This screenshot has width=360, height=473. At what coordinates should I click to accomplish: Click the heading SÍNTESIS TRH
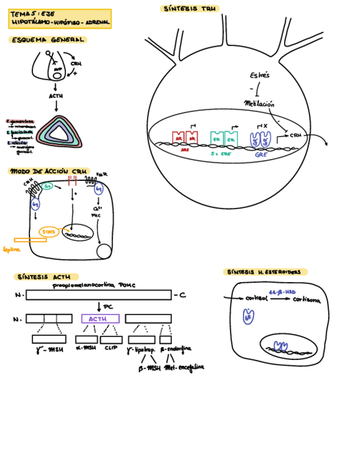190,9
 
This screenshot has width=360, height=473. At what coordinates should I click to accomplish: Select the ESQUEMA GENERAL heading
48,40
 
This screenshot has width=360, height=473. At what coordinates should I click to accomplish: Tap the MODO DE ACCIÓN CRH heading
48,171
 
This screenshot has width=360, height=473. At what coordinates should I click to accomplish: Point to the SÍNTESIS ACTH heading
46,277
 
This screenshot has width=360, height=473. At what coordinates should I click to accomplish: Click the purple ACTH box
100,318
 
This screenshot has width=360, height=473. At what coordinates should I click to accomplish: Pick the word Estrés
260,75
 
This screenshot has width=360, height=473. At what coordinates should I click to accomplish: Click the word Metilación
259,103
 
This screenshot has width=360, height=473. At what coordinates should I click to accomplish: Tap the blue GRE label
261,155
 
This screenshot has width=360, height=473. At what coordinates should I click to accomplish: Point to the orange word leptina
11,249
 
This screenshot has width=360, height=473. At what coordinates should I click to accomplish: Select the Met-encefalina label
184,368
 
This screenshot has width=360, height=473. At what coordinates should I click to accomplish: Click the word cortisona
307,300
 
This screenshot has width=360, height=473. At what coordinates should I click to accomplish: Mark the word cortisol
256,300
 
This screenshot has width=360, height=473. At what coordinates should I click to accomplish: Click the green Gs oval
48,186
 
